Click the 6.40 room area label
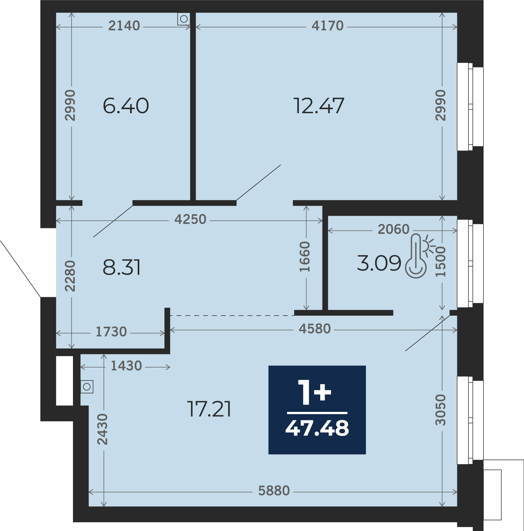[x=126, y=106]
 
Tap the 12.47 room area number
[x=319, y=106]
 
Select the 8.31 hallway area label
[x=122, y=267]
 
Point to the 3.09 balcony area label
[x=379, y=263]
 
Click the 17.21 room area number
[x=209, y=409]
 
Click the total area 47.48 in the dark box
[x=317, y=428]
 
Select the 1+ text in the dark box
[x=315, y=393]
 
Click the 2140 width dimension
[x=124, y=26]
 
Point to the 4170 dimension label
[x=328, y=26]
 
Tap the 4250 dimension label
[x=191, y=220]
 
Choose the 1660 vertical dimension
[x=305, y=257]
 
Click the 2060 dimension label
[x=394, y=229]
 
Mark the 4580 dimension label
[x=315, y=329]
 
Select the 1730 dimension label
[x=111, y=332]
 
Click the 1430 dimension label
[x=126, y=366]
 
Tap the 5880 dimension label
[x=274, y=491]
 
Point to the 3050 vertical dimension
[x=440, y=410]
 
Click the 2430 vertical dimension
[x=102, y=429]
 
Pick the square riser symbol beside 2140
[x=184, y=19]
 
